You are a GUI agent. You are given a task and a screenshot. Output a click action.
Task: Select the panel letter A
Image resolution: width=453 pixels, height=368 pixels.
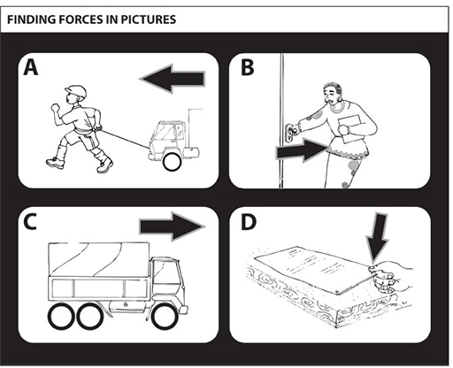pos(31,67)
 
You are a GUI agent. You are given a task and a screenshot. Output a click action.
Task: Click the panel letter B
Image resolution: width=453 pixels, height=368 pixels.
pos(247,67)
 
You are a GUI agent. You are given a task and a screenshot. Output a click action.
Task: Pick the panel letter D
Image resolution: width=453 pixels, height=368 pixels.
pos(249,222)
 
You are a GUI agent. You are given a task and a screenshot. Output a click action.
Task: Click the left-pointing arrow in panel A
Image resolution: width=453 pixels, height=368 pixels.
pos(173,79)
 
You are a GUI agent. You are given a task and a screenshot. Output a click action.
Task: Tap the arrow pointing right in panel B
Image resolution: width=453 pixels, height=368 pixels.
pos(302,150)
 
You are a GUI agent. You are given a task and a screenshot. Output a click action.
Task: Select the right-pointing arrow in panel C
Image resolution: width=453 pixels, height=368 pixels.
pos(173,226)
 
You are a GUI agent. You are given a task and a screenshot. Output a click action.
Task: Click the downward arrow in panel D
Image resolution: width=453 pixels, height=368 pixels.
pos(377,238)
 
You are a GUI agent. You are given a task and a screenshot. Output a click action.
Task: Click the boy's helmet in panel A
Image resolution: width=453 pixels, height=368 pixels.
pos(77,92)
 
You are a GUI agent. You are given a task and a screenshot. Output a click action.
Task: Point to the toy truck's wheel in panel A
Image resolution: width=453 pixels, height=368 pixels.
pos(172,162)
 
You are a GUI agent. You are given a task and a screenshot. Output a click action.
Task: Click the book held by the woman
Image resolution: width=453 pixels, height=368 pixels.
pos(350,128)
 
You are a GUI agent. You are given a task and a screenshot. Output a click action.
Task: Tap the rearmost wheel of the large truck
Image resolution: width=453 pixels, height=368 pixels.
pos(62,317)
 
